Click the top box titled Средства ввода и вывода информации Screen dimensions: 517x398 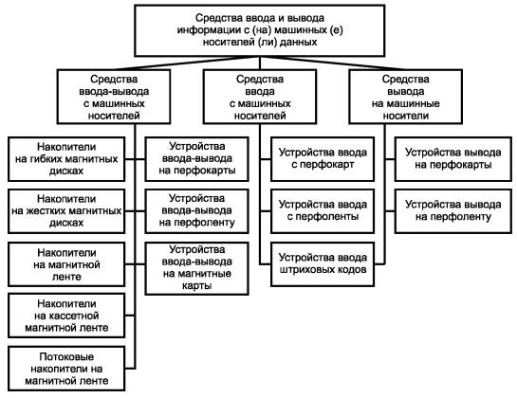[260, 30]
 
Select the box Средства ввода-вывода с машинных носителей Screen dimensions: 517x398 [114, 97]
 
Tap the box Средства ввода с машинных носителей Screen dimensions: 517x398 [260, 97]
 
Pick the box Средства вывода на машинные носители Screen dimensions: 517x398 [406, 97]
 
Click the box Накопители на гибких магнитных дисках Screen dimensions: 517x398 [66, 159]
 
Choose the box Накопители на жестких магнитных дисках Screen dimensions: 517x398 [66, 211]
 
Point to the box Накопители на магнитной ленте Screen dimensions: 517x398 [66, 264]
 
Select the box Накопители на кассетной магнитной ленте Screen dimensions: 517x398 [66, 316]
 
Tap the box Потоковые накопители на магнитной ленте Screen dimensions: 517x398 [66, 369]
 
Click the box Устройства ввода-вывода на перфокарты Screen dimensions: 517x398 [197, 159]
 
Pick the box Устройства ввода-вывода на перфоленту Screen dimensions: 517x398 [197, 211]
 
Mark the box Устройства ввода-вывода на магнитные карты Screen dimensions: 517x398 [197, 268]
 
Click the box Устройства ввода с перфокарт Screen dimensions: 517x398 [323, 159]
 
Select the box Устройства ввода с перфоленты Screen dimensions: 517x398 [323, 211]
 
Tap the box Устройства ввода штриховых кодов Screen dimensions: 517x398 [323, 264]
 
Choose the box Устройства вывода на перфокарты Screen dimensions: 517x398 [453, 159]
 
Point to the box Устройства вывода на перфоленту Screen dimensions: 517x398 [453, 211]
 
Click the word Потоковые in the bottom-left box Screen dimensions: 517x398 [66, 357]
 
